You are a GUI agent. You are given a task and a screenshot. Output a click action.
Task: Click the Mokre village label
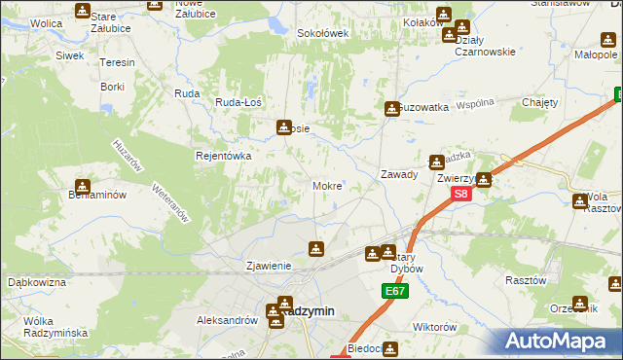click(x=326, y=185)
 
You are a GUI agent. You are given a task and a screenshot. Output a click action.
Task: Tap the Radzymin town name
click(x=305, y=311)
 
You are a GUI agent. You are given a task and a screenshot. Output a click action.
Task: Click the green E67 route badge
click(x=394, y=291)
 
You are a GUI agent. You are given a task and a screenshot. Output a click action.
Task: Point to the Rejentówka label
click(x=224, y=156)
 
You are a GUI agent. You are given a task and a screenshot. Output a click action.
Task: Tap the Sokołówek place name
click(x=322, y=33)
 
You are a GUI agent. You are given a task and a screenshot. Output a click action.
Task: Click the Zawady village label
click(x=399, y=175)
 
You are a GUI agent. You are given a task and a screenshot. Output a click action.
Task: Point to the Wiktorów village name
click(x=435, y=327)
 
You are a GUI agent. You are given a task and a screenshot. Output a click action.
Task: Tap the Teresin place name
click(x=117, y=62)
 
